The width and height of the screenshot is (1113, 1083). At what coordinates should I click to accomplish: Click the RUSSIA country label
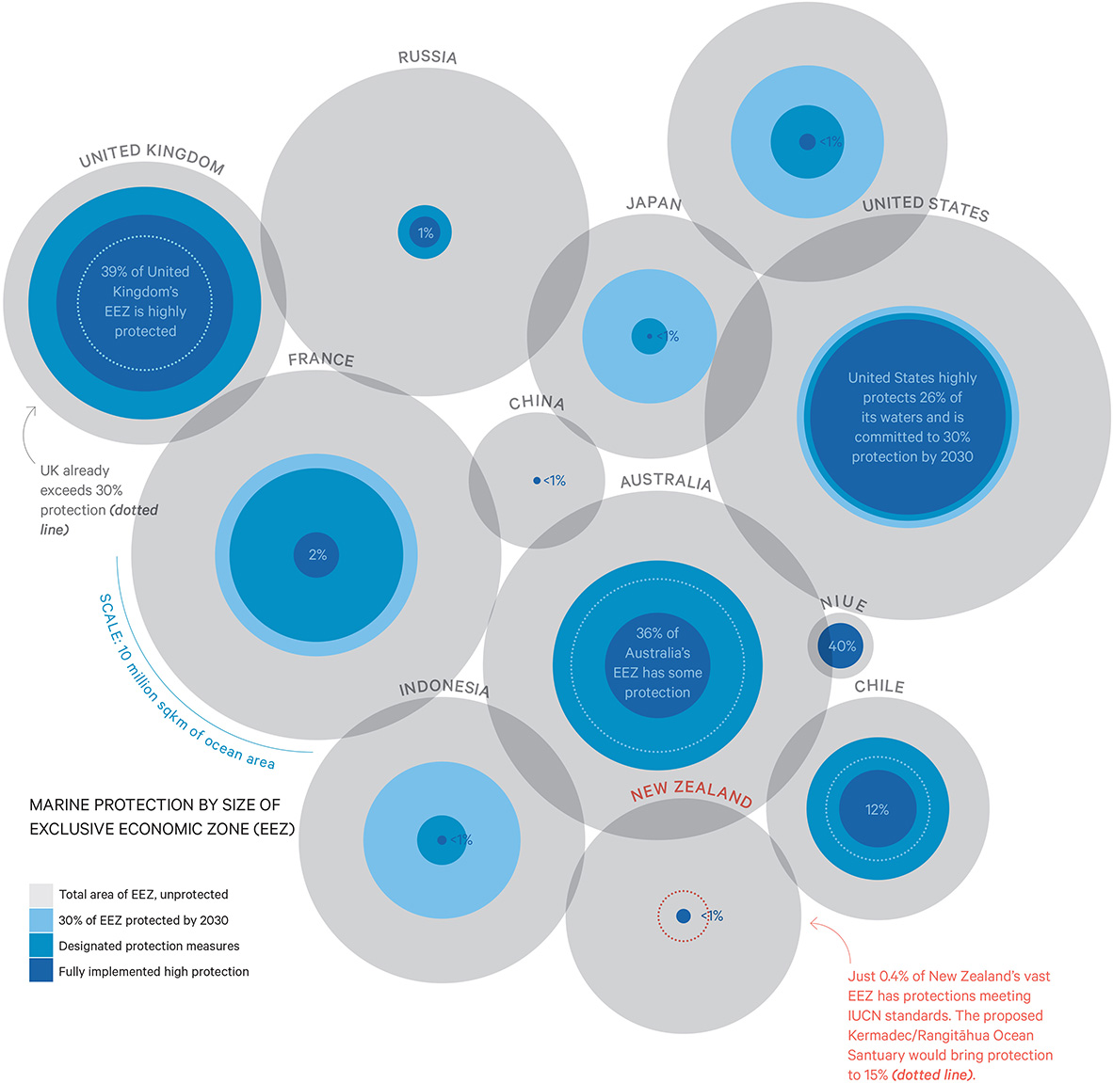[x=427, y=57]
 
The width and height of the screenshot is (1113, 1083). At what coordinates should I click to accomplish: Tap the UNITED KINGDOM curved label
[x=152, y=157]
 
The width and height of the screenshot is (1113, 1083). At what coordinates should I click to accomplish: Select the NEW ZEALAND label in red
[x=691, y=793]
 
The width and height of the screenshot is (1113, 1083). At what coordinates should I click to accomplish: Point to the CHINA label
[x=537, y=403]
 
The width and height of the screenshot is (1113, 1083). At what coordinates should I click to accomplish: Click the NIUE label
[x=843, y=603]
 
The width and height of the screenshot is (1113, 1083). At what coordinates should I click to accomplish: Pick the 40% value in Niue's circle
[x=842, y=646]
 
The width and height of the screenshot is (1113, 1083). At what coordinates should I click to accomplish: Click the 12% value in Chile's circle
[x=877, y=809]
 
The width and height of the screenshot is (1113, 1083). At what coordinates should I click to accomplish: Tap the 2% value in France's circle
[x=317, y=555]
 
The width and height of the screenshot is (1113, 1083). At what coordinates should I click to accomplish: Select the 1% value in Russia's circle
[x=426, y=232]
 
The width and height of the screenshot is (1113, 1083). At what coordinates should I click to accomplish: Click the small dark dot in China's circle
[x=537, y=481]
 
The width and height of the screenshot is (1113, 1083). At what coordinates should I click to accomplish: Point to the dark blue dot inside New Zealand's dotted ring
[x=684, y=916]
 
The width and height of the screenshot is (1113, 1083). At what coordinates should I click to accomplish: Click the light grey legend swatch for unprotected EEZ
[x=41, y=894]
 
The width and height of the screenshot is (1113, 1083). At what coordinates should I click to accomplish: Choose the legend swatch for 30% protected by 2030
[x=41, y=920]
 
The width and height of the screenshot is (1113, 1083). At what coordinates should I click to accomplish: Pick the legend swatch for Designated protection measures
[x=41, y=946]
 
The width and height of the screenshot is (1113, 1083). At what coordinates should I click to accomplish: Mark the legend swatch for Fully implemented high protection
[x=41, y=971]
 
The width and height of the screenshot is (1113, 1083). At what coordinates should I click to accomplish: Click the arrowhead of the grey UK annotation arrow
[x=31, y=409]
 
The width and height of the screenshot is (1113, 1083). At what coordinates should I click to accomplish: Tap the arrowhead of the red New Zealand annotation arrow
[x=812, y=924]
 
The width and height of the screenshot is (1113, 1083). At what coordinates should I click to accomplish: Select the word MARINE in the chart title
[x=61, y=805]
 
